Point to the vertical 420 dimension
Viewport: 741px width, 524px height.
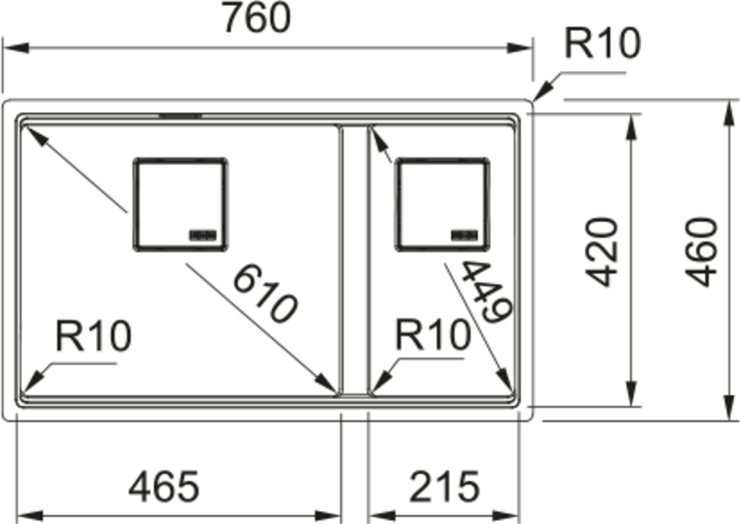[602, 252]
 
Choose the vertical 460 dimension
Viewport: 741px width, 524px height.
[702, 252]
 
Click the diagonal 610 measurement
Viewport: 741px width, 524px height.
[265, 294]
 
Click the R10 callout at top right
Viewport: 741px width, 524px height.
[602, 43]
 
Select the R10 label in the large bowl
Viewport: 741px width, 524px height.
[93, 336]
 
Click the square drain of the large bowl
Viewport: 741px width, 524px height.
[181, 205]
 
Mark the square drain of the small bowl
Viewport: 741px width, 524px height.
[442, 205]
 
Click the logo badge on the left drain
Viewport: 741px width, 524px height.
[203, 235]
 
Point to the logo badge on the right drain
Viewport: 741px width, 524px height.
[465, 235]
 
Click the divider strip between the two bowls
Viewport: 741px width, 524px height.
[353, 261]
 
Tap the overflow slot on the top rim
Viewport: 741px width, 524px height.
[181, 116]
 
